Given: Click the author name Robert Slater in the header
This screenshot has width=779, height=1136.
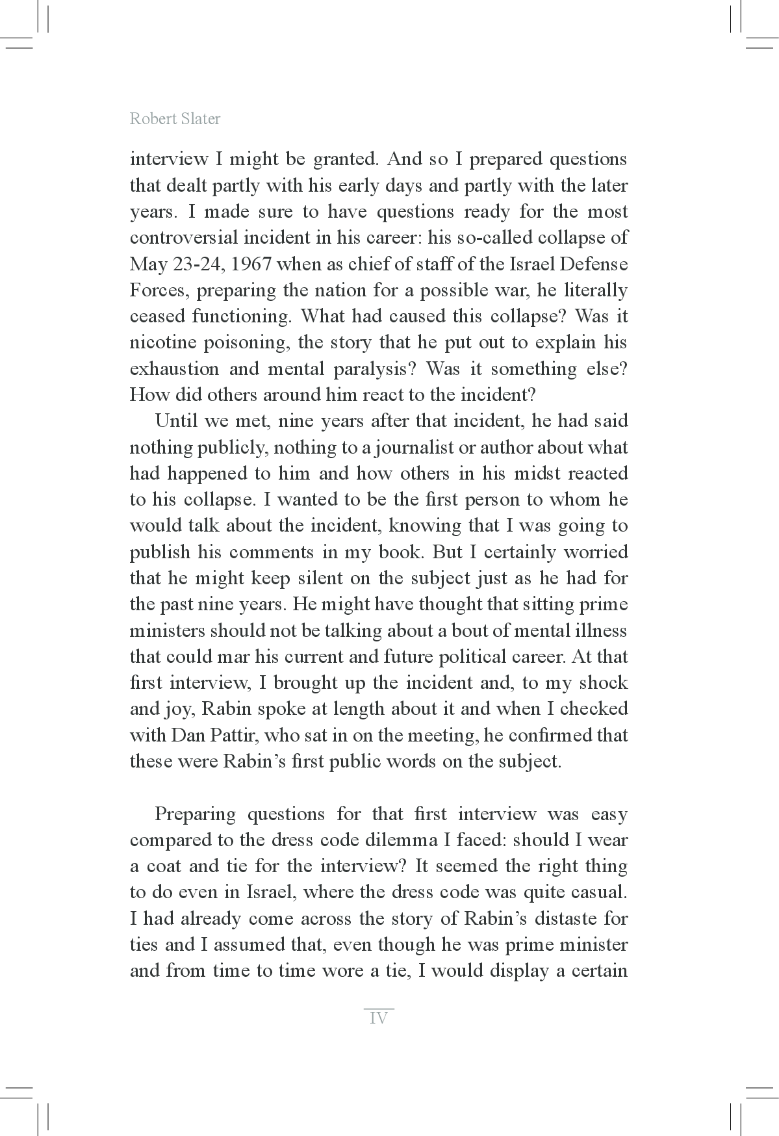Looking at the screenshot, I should (x=175, y=119).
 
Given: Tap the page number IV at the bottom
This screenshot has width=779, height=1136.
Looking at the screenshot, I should (x=378, y=1018).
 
